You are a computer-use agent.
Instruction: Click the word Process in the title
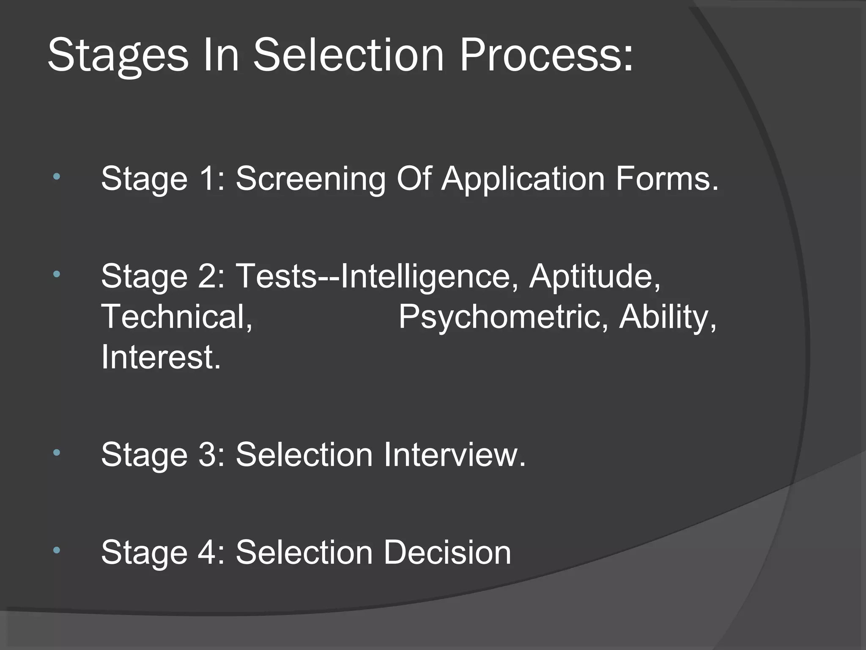(546, 55)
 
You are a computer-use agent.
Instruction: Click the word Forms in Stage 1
(667, 179)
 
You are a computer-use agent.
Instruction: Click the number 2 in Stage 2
(208, 276)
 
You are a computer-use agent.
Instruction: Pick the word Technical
(176, 317)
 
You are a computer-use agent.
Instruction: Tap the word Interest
(161, 357)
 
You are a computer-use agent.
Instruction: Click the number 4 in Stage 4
(208, 552)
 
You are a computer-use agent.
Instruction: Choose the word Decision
(447, 552)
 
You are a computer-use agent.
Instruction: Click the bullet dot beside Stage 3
(56, 453)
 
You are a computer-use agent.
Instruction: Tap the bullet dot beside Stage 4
(56, 551)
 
